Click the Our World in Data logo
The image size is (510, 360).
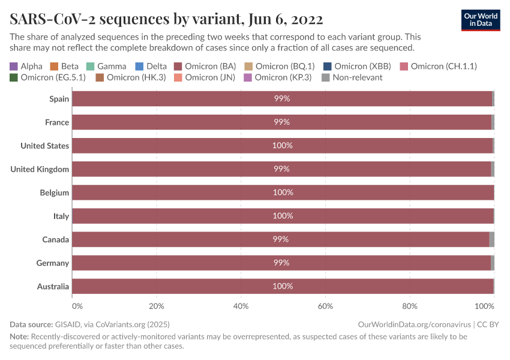(480, 20)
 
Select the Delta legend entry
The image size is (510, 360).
(151, 66)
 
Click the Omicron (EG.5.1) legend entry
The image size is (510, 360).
(47, 77)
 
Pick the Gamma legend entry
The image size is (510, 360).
(106, 66)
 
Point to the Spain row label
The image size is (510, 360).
(59, 98)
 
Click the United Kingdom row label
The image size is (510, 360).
(40, 169)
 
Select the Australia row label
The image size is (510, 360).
(53, 286)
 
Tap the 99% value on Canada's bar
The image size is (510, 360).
(281, 239)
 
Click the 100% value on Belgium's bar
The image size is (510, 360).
(283, 193)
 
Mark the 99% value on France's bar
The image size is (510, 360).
(281, 122)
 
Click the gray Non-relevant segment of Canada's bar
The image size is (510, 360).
(491, 239)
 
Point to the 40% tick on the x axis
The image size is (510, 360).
(241, 306)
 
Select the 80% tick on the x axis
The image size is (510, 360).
(409, 306)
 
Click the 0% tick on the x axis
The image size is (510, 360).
(77, 306)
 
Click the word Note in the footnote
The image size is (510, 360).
(19, 337)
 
